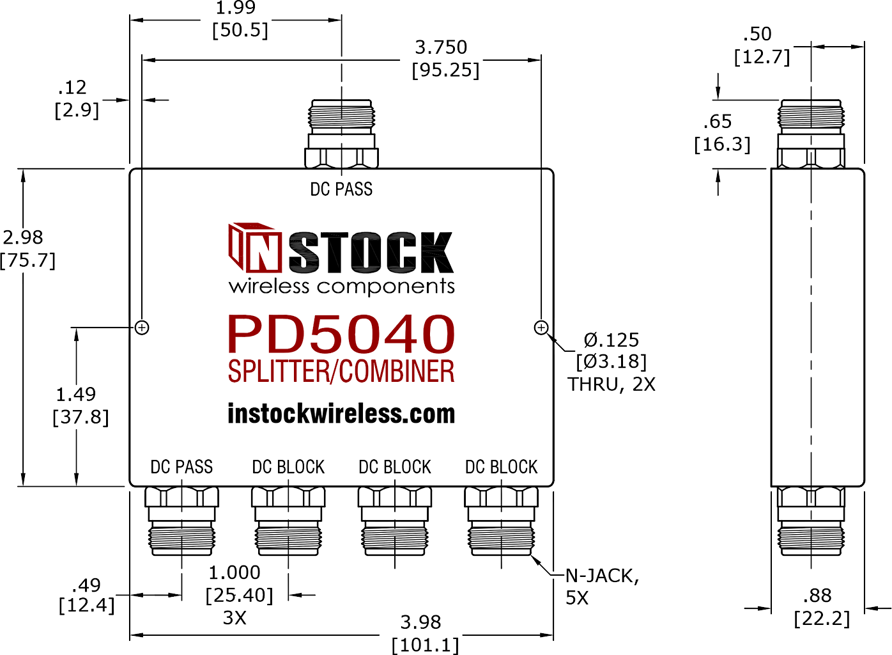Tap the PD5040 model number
341,334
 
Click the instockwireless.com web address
341,413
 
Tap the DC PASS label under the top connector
341,189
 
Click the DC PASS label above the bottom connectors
181,467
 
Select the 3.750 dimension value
441,47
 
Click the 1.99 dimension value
236,8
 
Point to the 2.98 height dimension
23,237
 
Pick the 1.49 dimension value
76,395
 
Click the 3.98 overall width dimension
421,622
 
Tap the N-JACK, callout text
602,576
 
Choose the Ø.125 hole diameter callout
611,340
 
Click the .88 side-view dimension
817,596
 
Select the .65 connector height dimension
718,122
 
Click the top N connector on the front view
341,134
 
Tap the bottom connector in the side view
811,521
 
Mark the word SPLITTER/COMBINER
341,371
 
